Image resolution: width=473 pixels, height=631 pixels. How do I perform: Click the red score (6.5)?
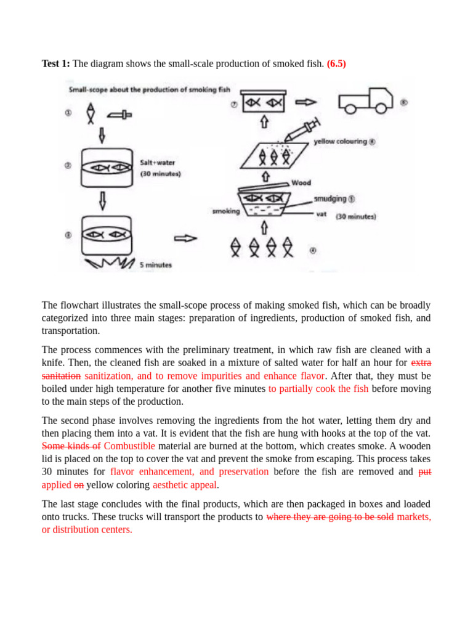(336, 63)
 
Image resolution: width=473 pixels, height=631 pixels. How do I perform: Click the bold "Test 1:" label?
(56, 63)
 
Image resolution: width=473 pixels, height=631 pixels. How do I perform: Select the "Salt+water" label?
(158, 163)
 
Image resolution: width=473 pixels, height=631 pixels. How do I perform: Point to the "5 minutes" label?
(155, 265)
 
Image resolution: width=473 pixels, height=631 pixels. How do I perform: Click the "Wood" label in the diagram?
(301, 183)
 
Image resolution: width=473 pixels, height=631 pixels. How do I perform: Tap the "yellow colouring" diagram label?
(340, 142)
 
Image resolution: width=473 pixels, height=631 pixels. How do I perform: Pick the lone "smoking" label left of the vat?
(225, 211)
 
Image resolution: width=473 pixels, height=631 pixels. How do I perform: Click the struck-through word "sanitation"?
(61, 375)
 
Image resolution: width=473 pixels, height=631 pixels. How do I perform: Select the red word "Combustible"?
(129, 446)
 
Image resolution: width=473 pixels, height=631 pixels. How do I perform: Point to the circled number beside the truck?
(403, 103)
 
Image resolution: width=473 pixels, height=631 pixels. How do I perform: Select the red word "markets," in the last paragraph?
(414, 517)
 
